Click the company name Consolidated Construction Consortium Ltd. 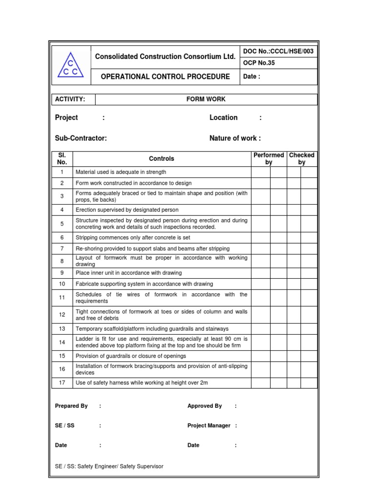(165, 57)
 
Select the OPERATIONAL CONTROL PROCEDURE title (165, 77)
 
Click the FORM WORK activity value (206, 99)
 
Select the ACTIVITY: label (70, 99)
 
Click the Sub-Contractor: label (81, 138)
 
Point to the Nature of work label (235, 138)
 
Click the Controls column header (161, 158)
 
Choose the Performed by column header (269, 158)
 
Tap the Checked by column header (302, 158)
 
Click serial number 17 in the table (62, 383)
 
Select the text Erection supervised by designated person (127, 210)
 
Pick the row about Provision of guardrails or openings (130, 356)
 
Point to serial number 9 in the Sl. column (62, 273)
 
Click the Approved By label (205, 406)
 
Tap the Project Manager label (208, 425)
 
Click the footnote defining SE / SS (109, 466)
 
